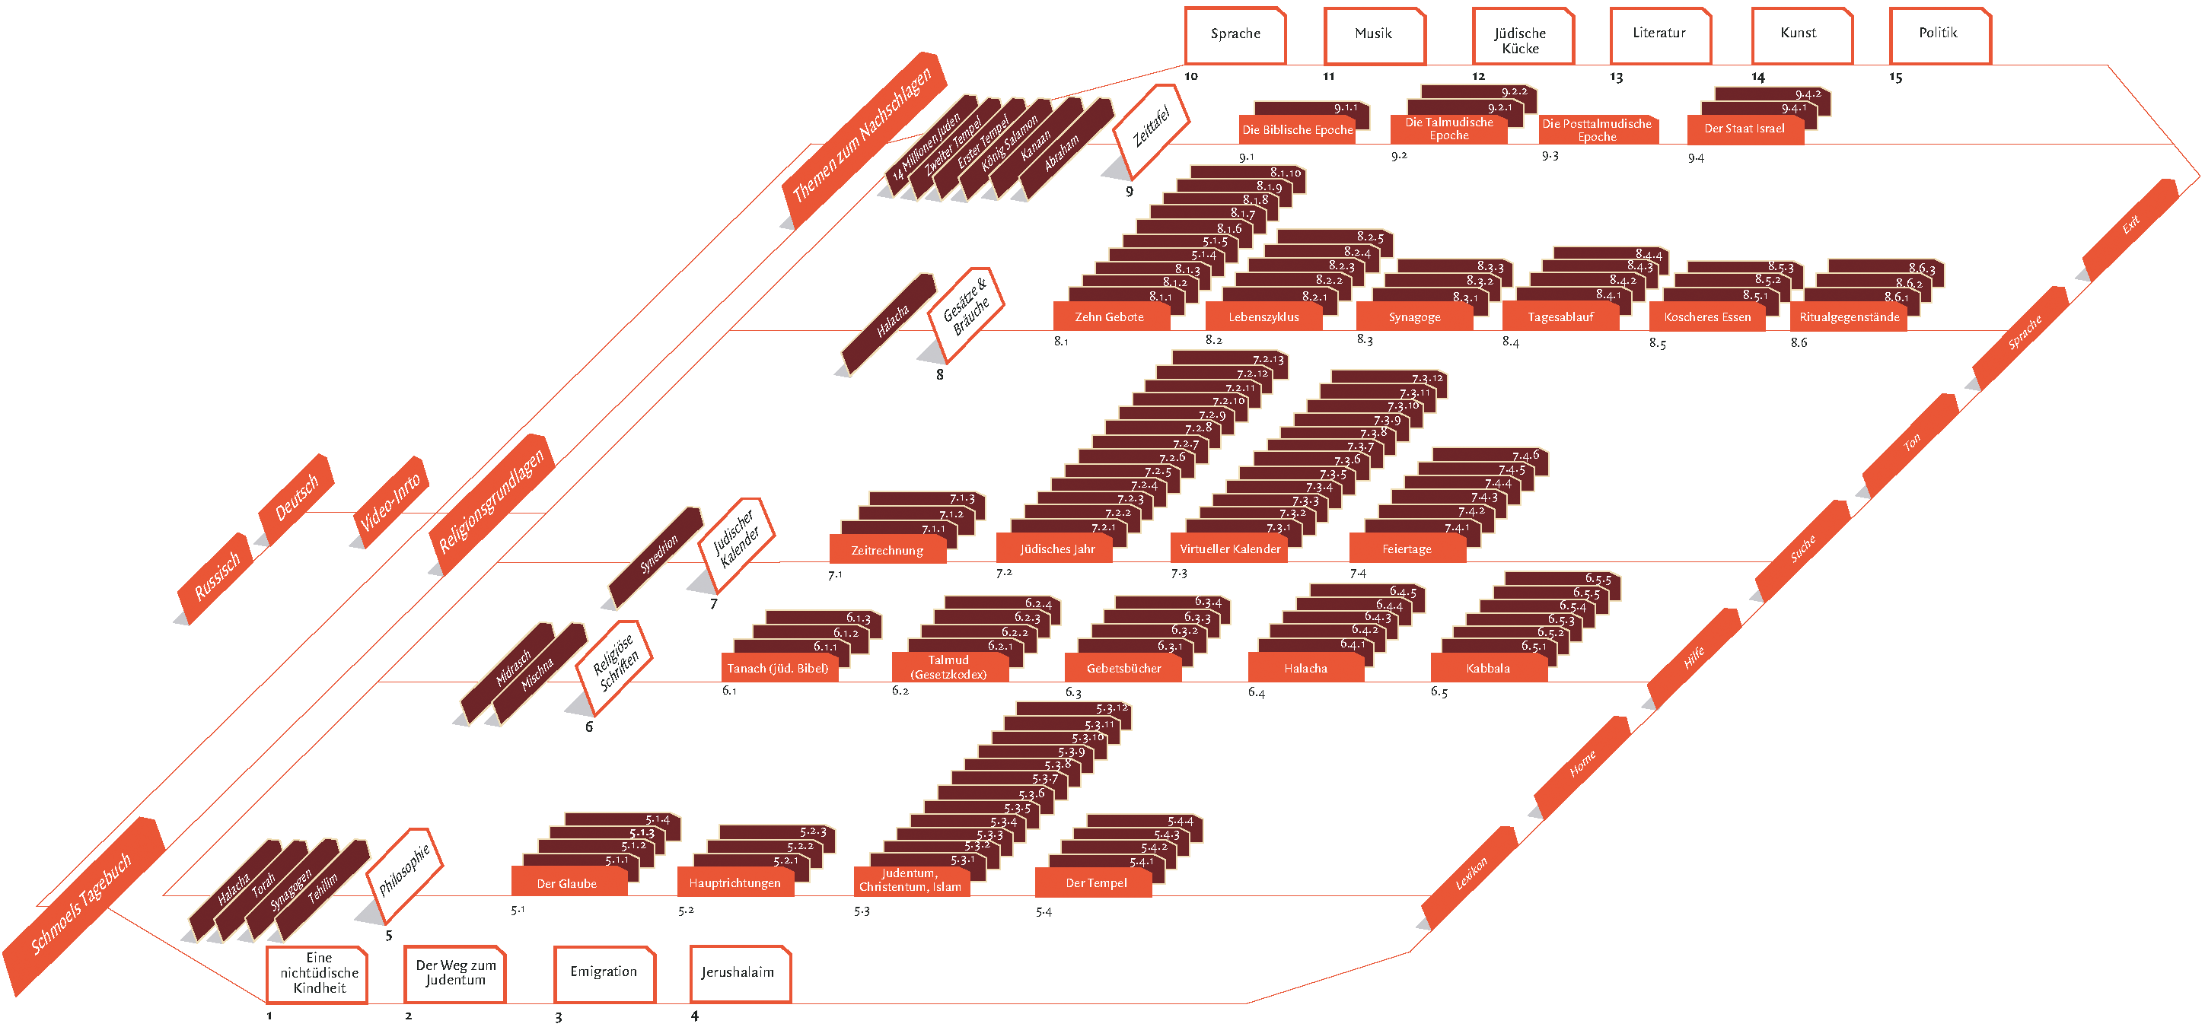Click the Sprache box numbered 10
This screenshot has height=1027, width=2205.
point(1235,35)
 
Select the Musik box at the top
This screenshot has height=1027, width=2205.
point(1373,35)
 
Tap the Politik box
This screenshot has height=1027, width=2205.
point(1939,35)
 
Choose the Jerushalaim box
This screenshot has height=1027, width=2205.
point(739,973)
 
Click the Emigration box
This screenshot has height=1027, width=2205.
point(604,973)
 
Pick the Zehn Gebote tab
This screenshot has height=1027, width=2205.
point(1109,316)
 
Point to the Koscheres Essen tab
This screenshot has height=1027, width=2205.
point(1706,316)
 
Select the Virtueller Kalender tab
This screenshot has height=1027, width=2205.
point(1229,548)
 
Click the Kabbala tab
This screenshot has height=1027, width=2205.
point(1488,669)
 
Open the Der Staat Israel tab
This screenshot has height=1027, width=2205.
point(1744,129)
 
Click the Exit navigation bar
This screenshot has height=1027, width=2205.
point(2130,225)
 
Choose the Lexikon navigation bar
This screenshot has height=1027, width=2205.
point(1471,874)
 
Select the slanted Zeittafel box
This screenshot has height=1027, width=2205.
point(1152,126)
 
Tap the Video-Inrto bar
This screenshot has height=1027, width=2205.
point(391,501)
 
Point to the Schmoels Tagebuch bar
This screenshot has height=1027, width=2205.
point(81,903)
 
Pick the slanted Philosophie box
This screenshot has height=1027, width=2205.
point(404,870)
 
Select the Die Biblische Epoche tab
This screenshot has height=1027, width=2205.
point(1297,130)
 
